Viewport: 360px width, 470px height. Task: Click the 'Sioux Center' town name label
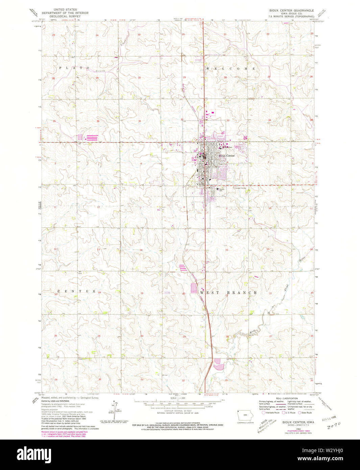pyautogui.click(x=226, y=156)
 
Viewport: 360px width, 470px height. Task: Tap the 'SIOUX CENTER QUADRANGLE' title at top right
pyautogui.click(x=294, y=10)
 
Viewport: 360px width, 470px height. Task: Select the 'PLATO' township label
pyautogui.click(x=74, y=68)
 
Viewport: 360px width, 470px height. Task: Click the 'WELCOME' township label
pyautogui.click(x=231, y=69)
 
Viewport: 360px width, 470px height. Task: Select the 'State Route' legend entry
pyautogui.click(x=306, y=413)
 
